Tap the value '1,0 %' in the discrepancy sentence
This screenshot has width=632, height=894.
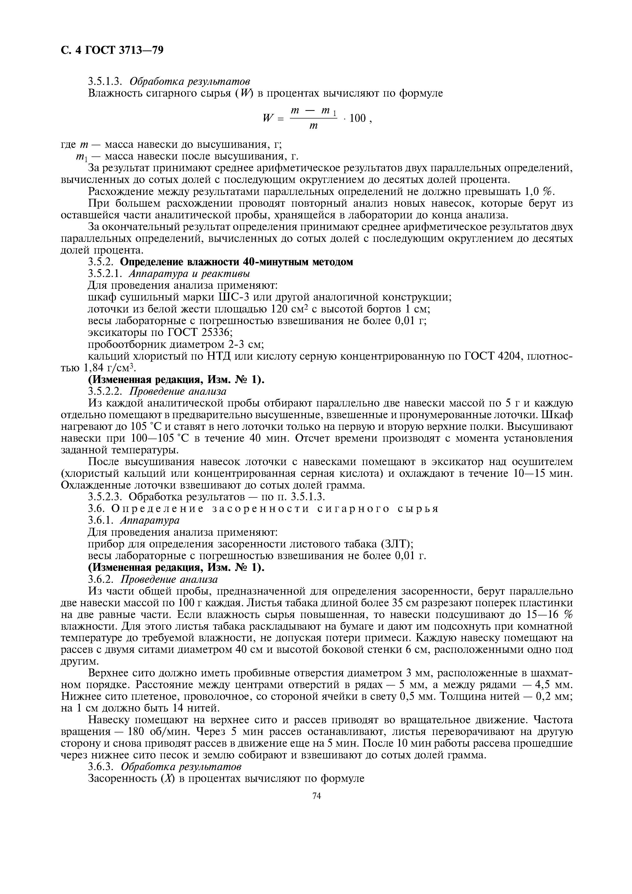tap(539, 192)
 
